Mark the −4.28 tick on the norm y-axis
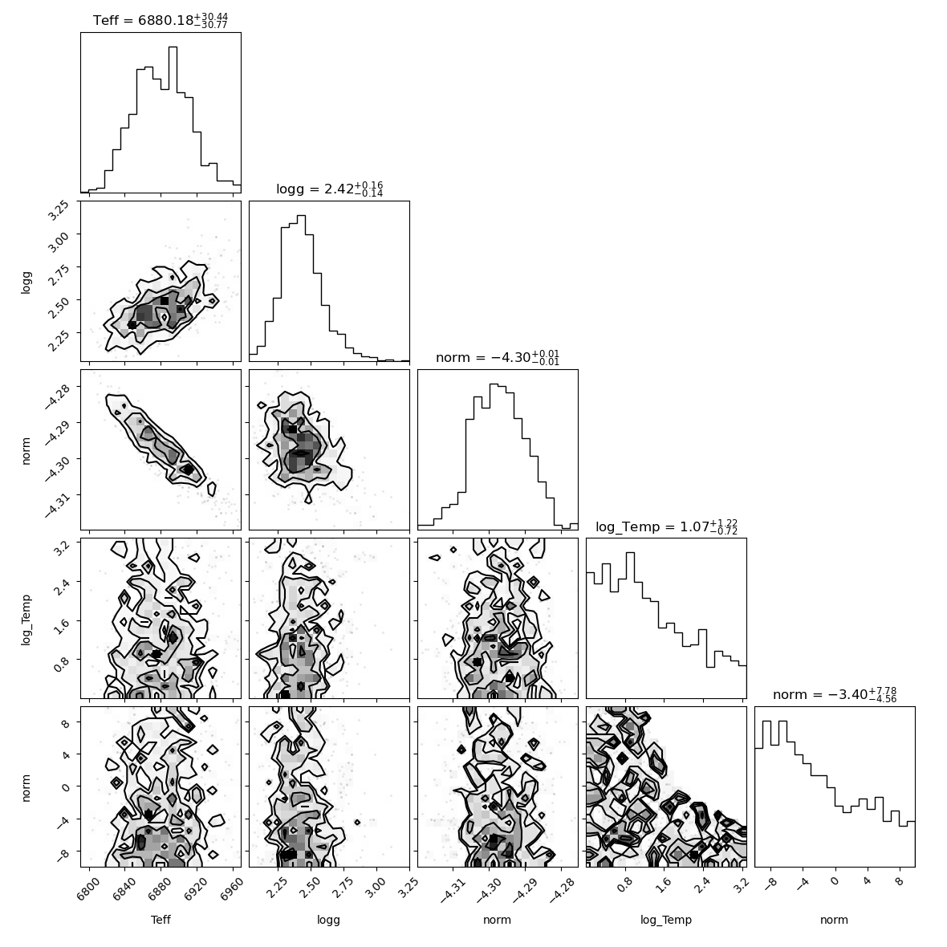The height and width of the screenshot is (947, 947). tap(58, 394)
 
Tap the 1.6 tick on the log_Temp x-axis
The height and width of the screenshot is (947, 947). tap(663, 884)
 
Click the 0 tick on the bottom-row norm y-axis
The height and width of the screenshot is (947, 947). tap(66, 787)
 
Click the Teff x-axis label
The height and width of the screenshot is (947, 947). tap(161, 920)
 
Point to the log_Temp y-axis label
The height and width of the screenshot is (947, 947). tap(26, 620)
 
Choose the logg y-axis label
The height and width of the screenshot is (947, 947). tap(26, 282)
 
